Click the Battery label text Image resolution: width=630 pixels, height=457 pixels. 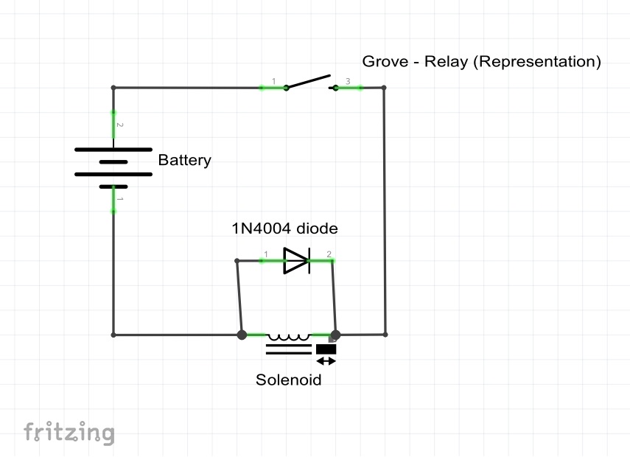[x=184, y=160]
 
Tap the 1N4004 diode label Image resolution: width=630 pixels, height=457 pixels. [x=285, y=228]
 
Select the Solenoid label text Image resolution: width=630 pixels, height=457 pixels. [x=289, y=380]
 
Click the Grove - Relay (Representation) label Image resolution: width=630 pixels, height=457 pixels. [x=481, y=62]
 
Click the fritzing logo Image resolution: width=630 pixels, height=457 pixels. [x=69, y=432]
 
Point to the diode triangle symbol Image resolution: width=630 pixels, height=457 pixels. [x=295, y=260]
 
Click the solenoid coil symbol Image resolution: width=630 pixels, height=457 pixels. [x=289, y=337]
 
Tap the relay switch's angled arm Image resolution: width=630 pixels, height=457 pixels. [x=308, y=81]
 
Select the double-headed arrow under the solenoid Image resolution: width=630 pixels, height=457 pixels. [x=326, y=361]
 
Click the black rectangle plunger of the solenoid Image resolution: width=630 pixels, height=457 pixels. [x=326, y=349]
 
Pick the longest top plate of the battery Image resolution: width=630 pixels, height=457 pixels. [x=113, y=149]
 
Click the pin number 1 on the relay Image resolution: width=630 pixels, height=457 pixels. [x=273, y=80]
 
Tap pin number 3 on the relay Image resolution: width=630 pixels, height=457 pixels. [x=349, y=80]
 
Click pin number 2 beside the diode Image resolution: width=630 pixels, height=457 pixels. [x=329, y=254]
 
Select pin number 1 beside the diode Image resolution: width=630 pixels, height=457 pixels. [x=265, y=254]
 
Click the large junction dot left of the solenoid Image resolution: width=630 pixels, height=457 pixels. [x=242, y=335]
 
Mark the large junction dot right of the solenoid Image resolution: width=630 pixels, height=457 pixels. [x=335, y=335]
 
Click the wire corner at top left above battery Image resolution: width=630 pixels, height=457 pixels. [x=113, y=88]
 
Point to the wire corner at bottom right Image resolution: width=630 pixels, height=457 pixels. [x=385, y=334]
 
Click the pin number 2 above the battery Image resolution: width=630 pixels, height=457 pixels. [x=120, y=125]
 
